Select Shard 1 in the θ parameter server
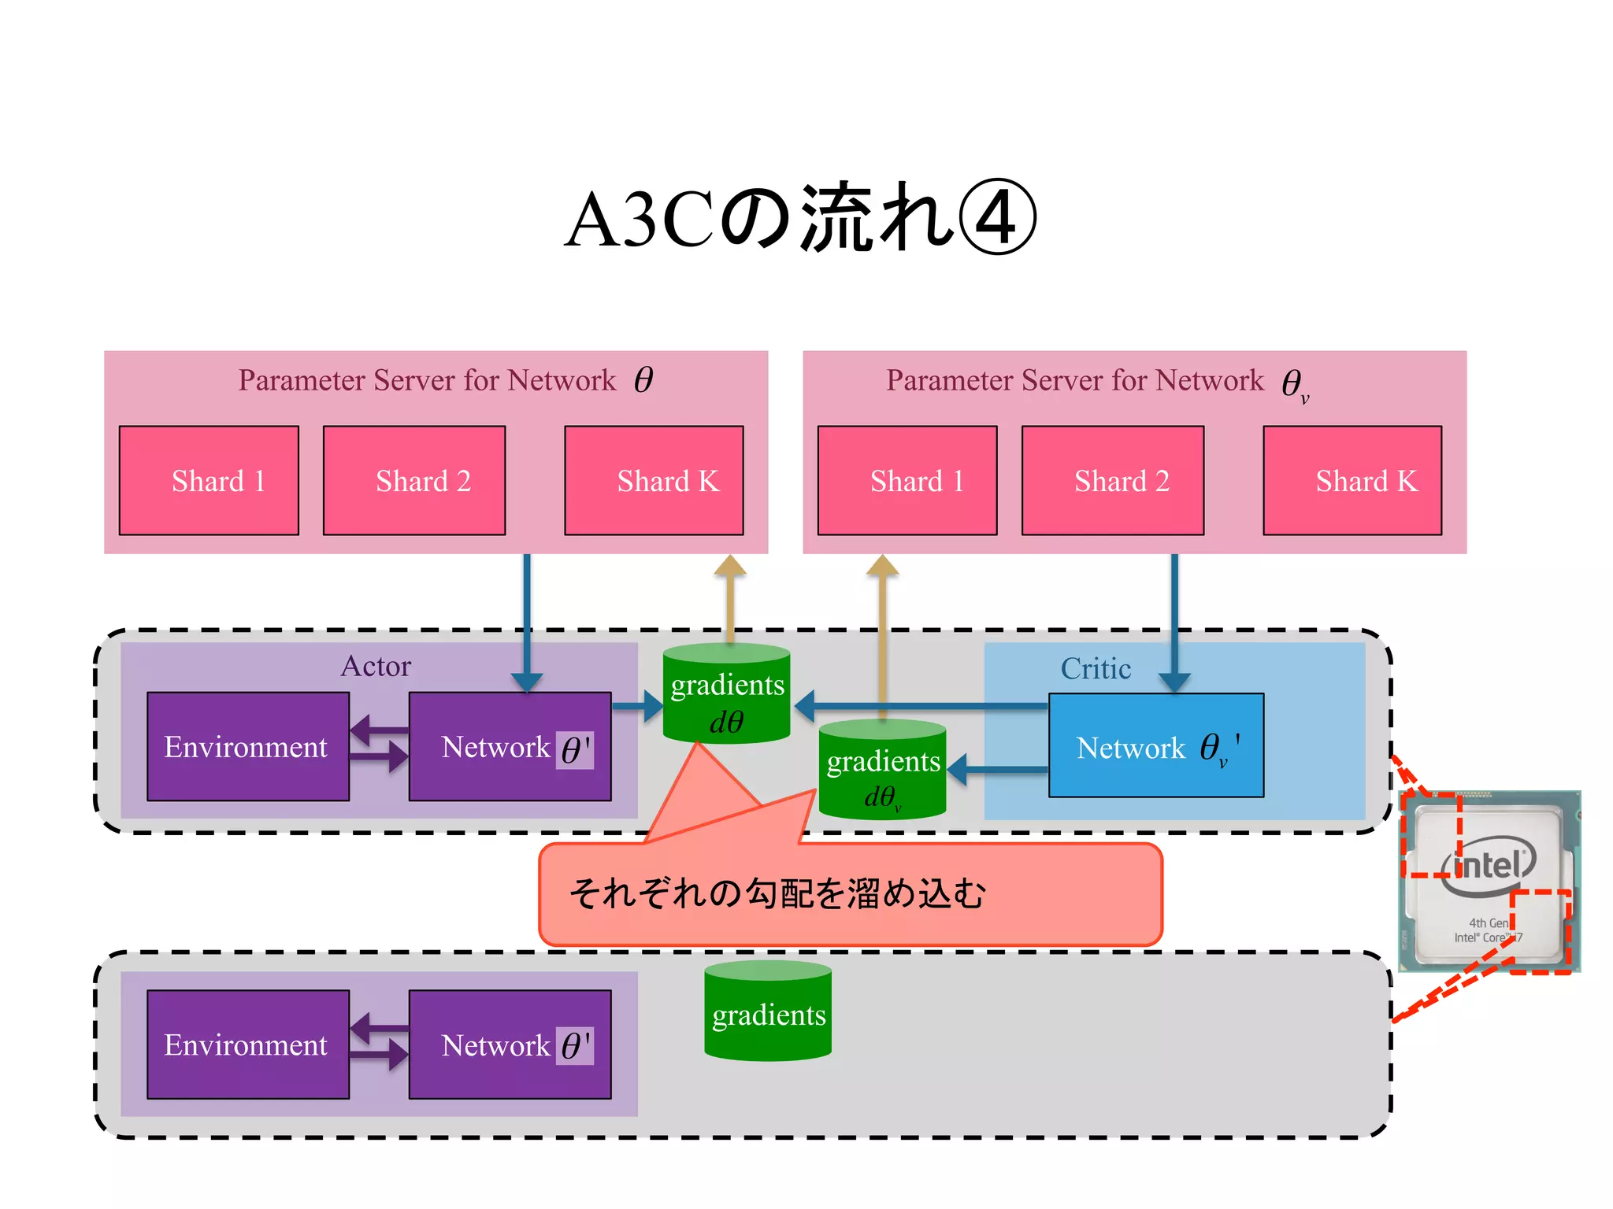click(209, 481)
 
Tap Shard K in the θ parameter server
click(654, 481)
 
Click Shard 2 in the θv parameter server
click(1112, 481)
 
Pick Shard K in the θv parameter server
click(1352, 481)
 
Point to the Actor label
click(376, 667)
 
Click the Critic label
click(1096, 669)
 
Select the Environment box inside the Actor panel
click(247, 746)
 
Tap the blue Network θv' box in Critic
click(1155, 745)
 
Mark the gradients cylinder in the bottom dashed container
click(768, 1011)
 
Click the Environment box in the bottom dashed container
click(247, 1044)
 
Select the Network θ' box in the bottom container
click(510, 1044)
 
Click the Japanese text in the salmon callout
click(777, 894)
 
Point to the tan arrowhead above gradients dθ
click(730, 566)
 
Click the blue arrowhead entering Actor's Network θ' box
click(526, 682)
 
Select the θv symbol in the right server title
click(1294, 385)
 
